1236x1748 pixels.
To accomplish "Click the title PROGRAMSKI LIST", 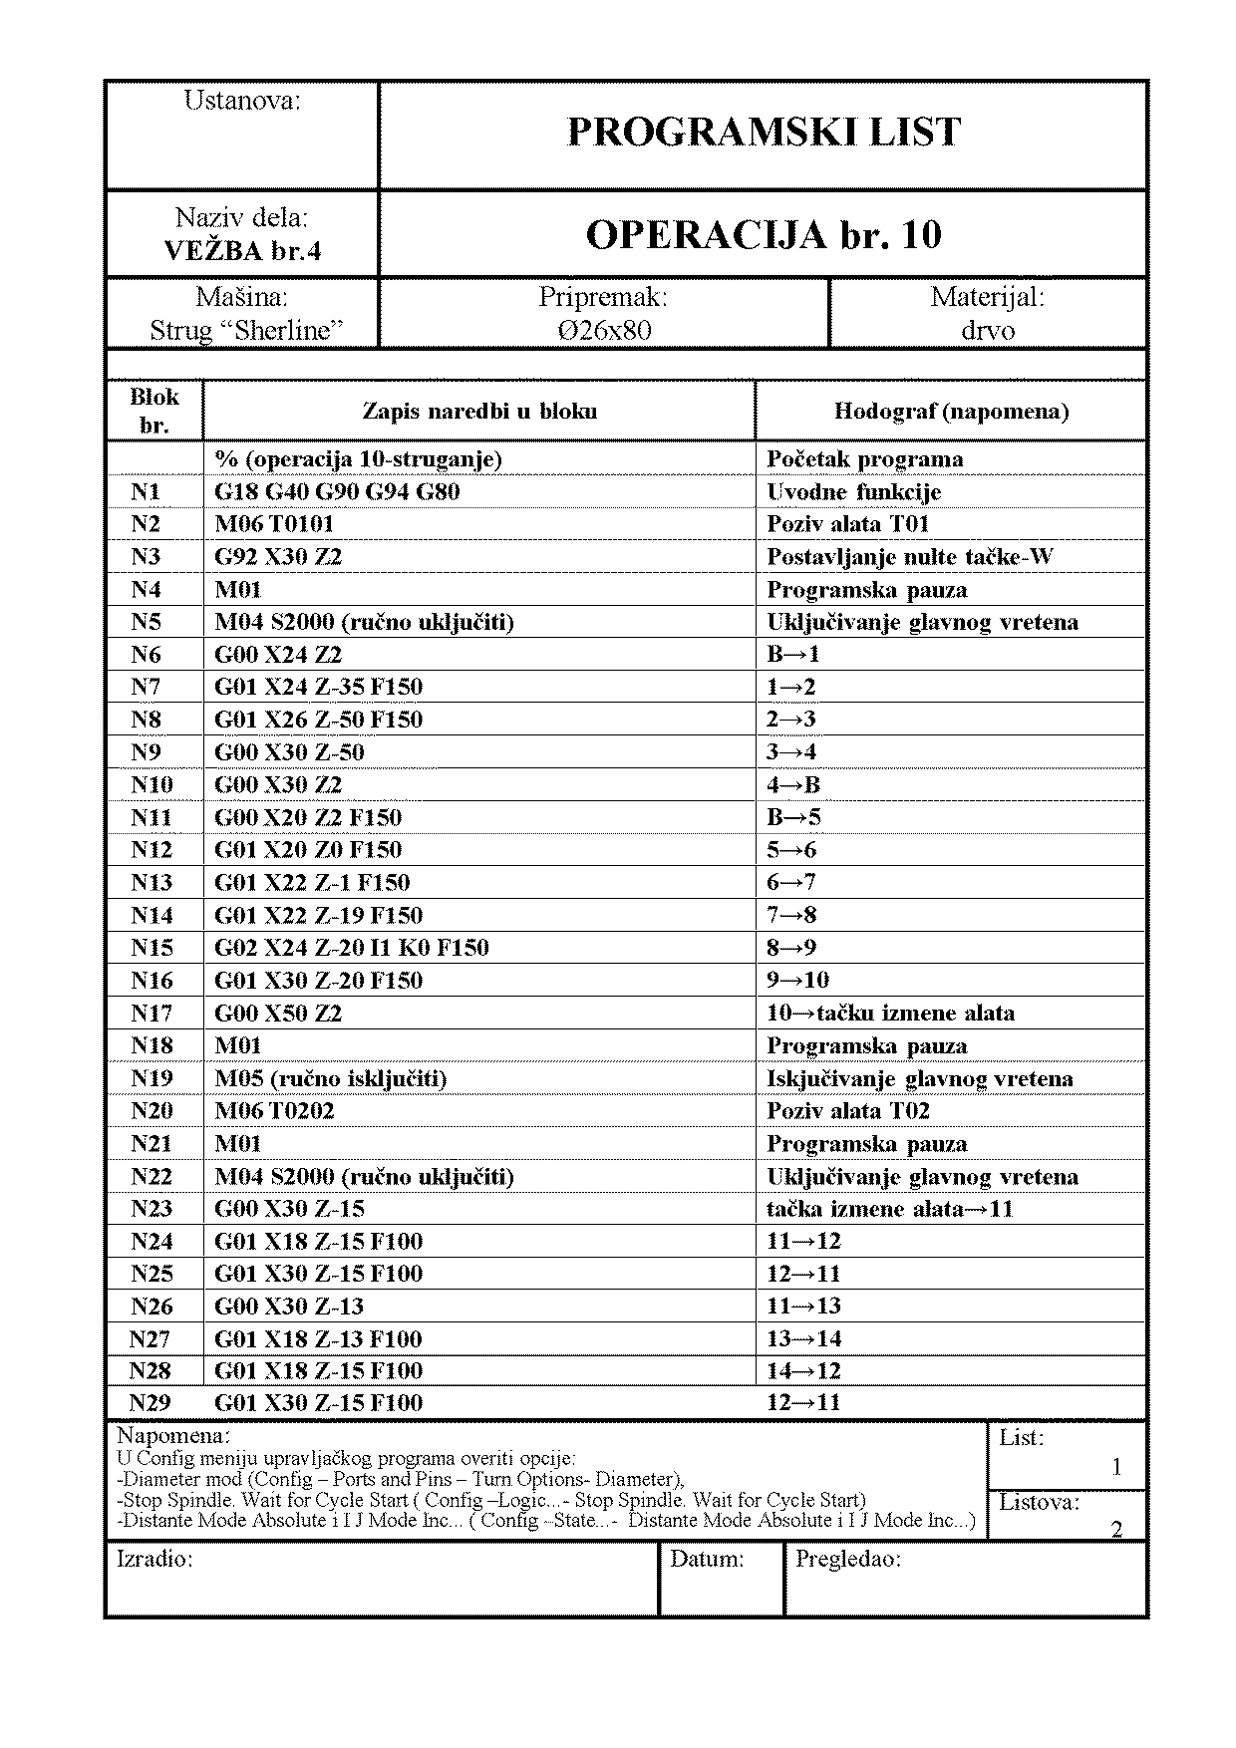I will coord(764,133).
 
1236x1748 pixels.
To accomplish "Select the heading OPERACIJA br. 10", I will coord(764,235).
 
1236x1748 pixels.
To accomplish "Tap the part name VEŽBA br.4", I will coord(242,251).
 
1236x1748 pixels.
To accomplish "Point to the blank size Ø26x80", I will coord(604,331).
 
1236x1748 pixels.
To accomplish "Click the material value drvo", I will coord(988,331).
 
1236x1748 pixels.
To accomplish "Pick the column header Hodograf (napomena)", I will coord(951,411).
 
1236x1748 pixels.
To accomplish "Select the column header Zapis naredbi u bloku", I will coord(479,411).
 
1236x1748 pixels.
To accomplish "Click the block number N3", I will coord(146,557).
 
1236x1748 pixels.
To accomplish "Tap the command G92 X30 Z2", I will coord(278,557).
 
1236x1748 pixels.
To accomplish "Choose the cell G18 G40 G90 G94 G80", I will coord(337,492).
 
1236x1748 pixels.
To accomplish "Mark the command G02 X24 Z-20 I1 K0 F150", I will coord(352,948).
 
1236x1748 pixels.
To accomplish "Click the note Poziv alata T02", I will coord(848,1111).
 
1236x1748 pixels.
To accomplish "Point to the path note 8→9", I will coord(791,948).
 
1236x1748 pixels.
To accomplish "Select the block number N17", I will coord(152,1014).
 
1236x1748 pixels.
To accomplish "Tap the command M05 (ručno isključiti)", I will coord(330,1079).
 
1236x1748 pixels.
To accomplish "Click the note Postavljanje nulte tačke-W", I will coord(910,557).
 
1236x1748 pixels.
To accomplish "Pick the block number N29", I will coord(151,1403).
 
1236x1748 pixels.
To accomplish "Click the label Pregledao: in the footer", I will coord(848,1560).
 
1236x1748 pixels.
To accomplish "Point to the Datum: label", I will coord(707,1560).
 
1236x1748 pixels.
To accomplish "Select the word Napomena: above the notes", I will coord(173,1436).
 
